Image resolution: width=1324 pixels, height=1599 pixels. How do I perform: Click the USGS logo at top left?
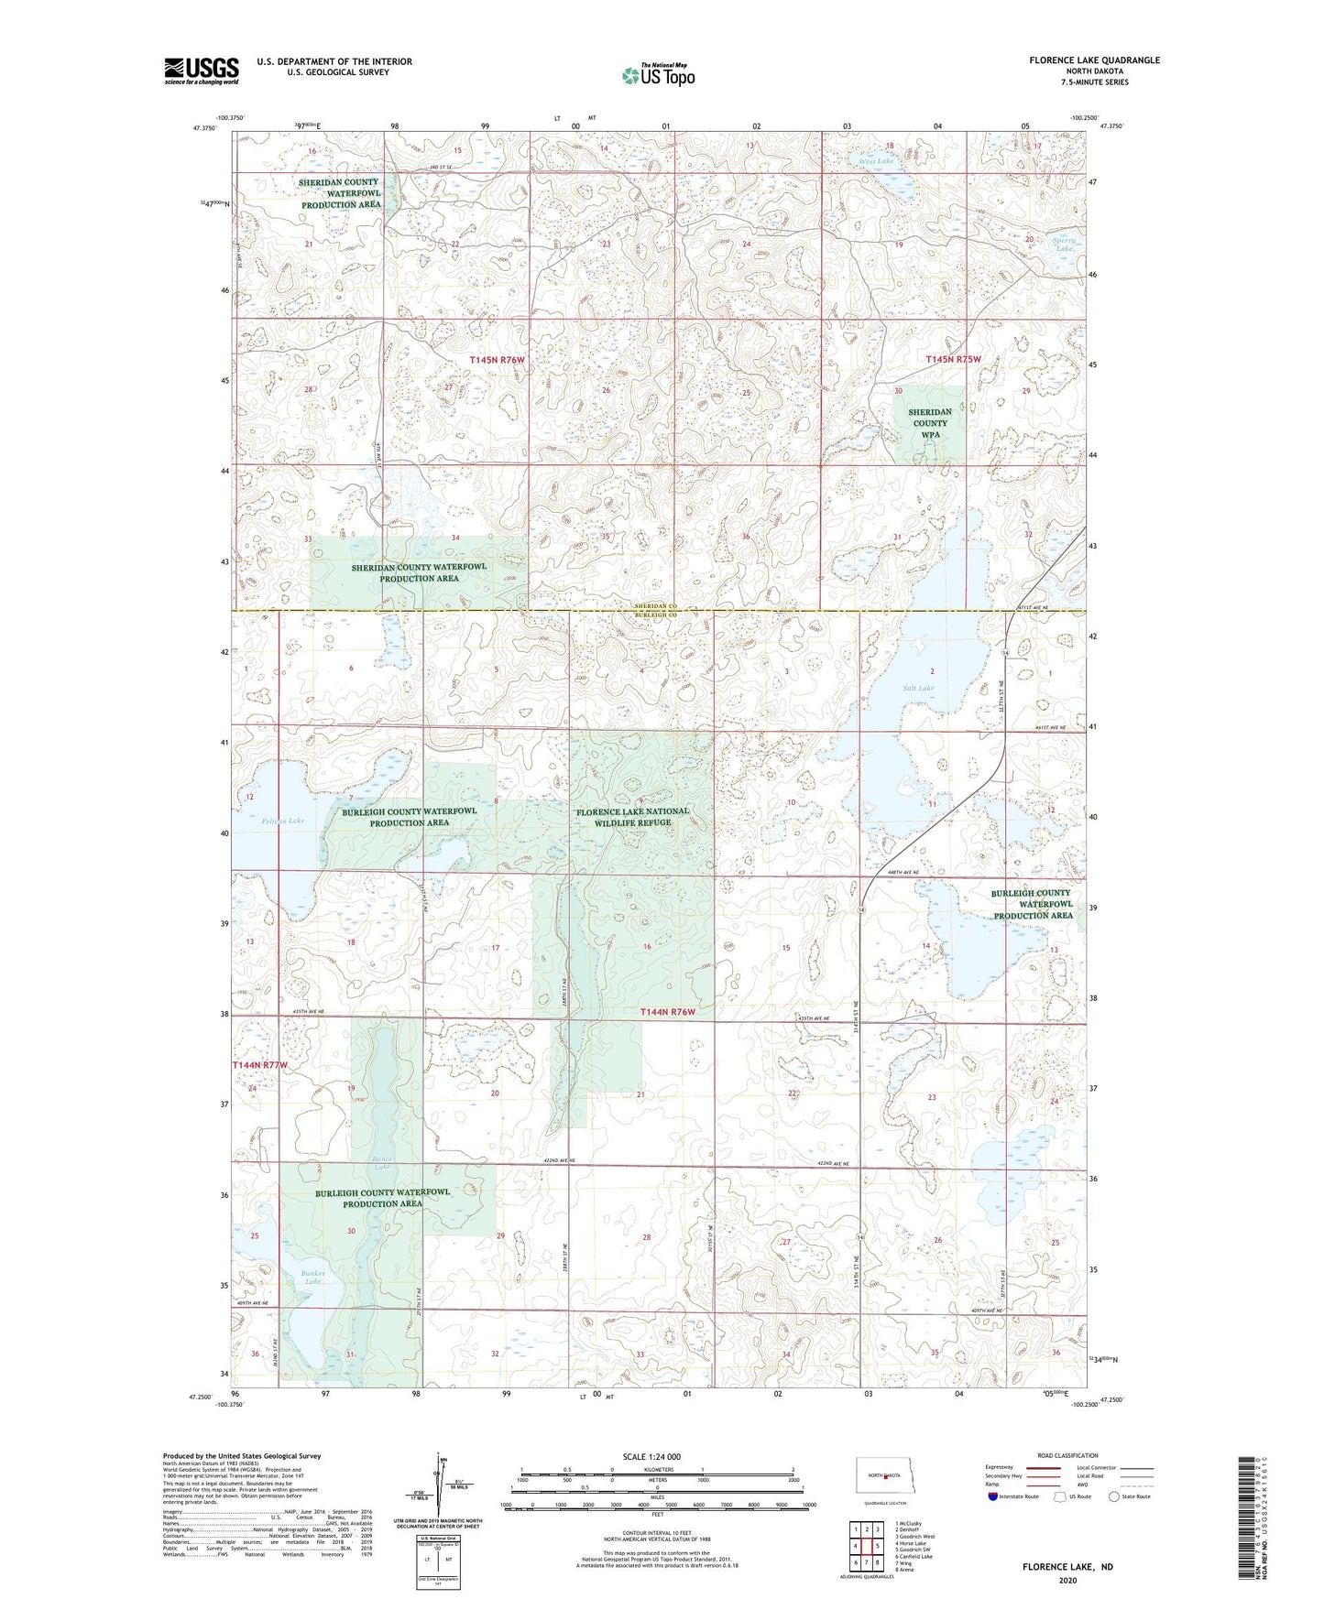[x=202, y=71]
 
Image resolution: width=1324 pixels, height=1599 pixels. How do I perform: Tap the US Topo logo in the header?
[x=658, y=75]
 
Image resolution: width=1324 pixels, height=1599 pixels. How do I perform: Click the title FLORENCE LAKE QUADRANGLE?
[x=1094, y=60]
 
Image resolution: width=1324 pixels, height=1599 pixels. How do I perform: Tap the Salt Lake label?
[x=918, y=688]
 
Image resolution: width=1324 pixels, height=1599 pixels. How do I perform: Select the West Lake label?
[x=876, y=161]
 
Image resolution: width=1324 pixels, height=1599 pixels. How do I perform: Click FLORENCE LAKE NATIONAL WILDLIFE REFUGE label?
[x=632, y=817]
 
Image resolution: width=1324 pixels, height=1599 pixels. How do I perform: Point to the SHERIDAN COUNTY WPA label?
[x=929, y=423]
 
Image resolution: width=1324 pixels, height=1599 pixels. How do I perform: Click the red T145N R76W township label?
[x=497, y=361]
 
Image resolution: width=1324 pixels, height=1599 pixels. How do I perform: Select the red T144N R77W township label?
[x=259, y=1065]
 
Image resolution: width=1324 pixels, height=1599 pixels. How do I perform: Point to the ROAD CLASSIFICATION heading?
[x=1067, y=1455]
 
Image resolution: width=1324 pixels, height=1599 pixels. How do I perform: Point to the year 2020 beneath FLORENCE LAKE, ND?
[x=1067, y=1580]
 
